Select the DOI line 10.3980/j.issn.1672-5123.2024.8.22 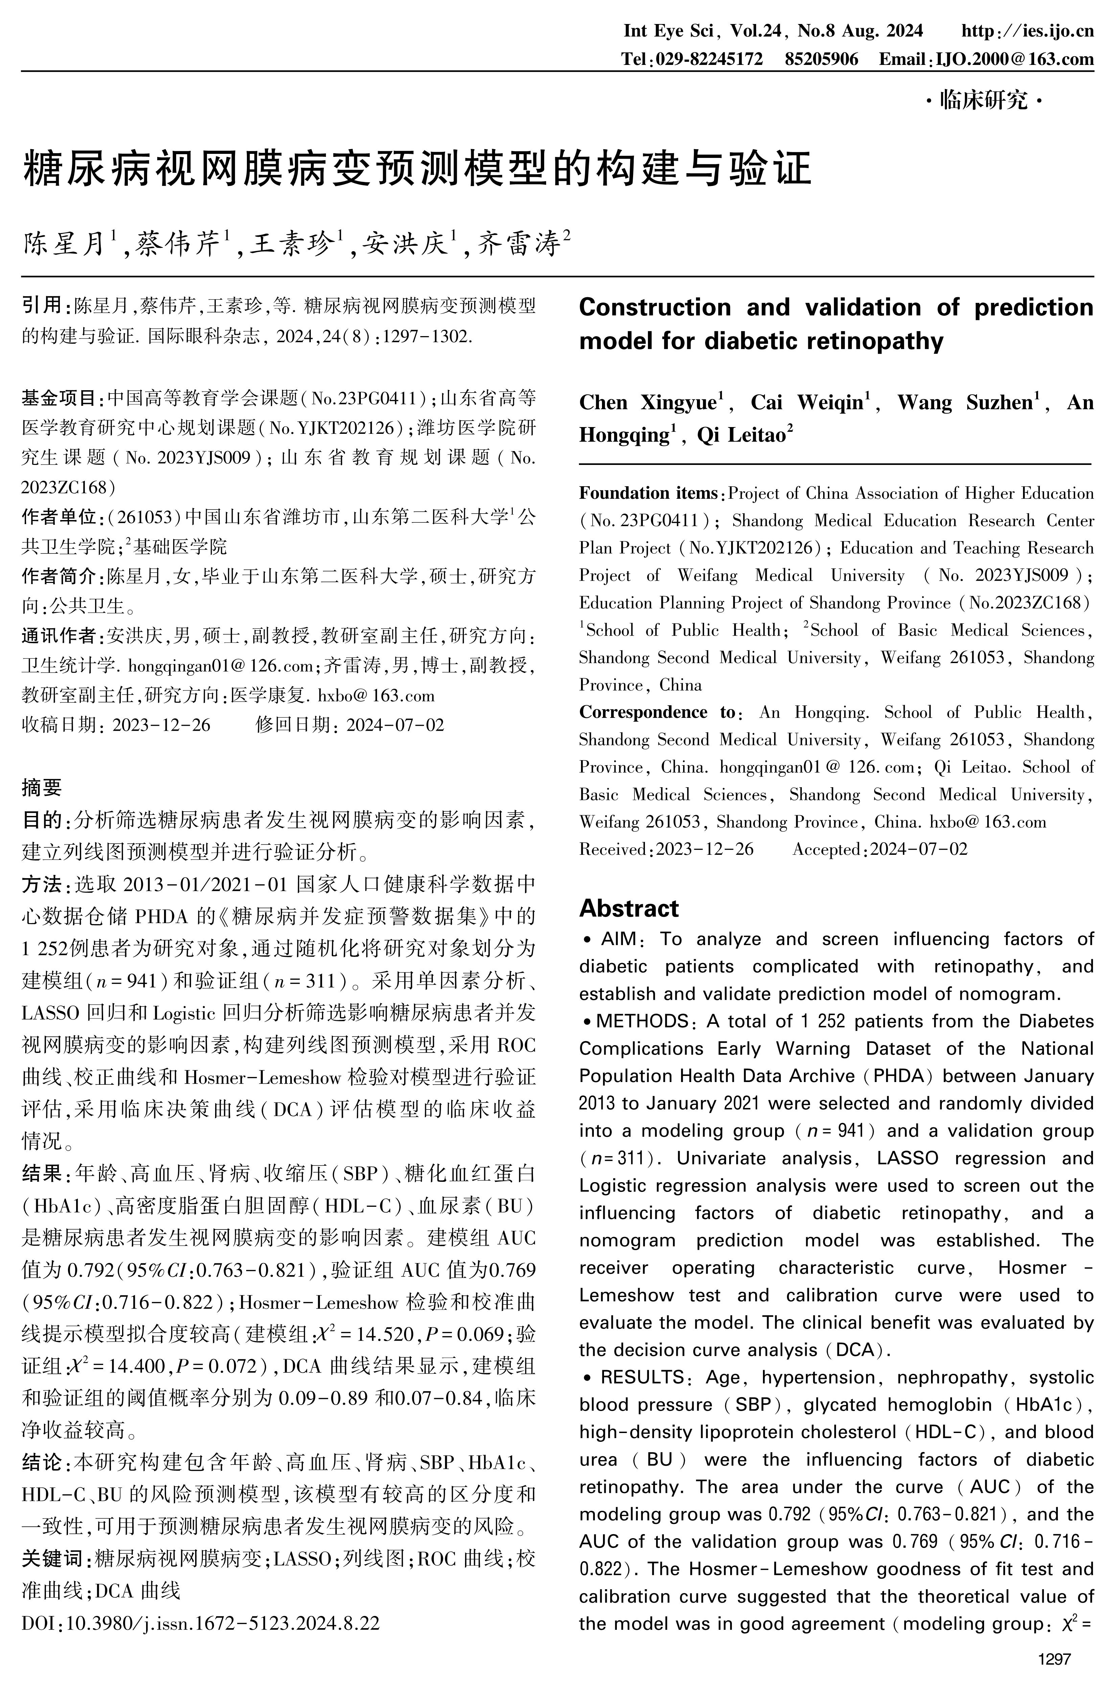point(201,1623)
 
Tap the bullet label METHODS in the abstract point(642,1021)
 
